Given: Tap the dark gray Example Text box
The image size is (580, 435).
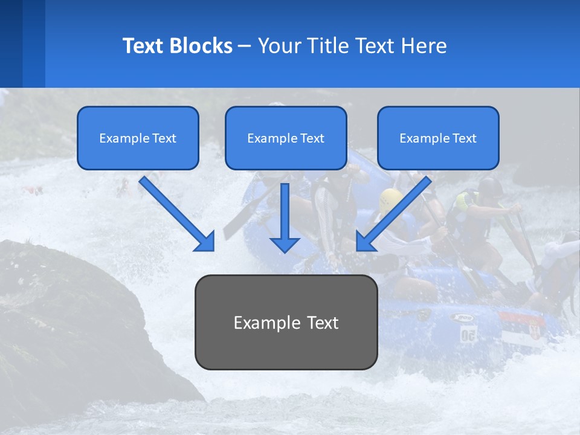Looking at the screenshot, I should [x=286, y=344].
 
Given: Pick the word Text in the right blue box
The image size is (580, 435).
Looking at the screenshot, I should [x=464, y=138].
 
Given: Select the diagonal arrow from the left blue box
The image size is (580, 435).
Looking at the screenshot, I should [x=178, y=214].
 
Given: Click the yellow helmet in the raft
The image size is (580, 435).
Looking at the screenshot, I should [x=391, y=198].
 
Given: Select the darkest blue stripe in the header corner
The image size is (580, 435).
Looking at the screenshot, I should [x=11, y=43].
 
